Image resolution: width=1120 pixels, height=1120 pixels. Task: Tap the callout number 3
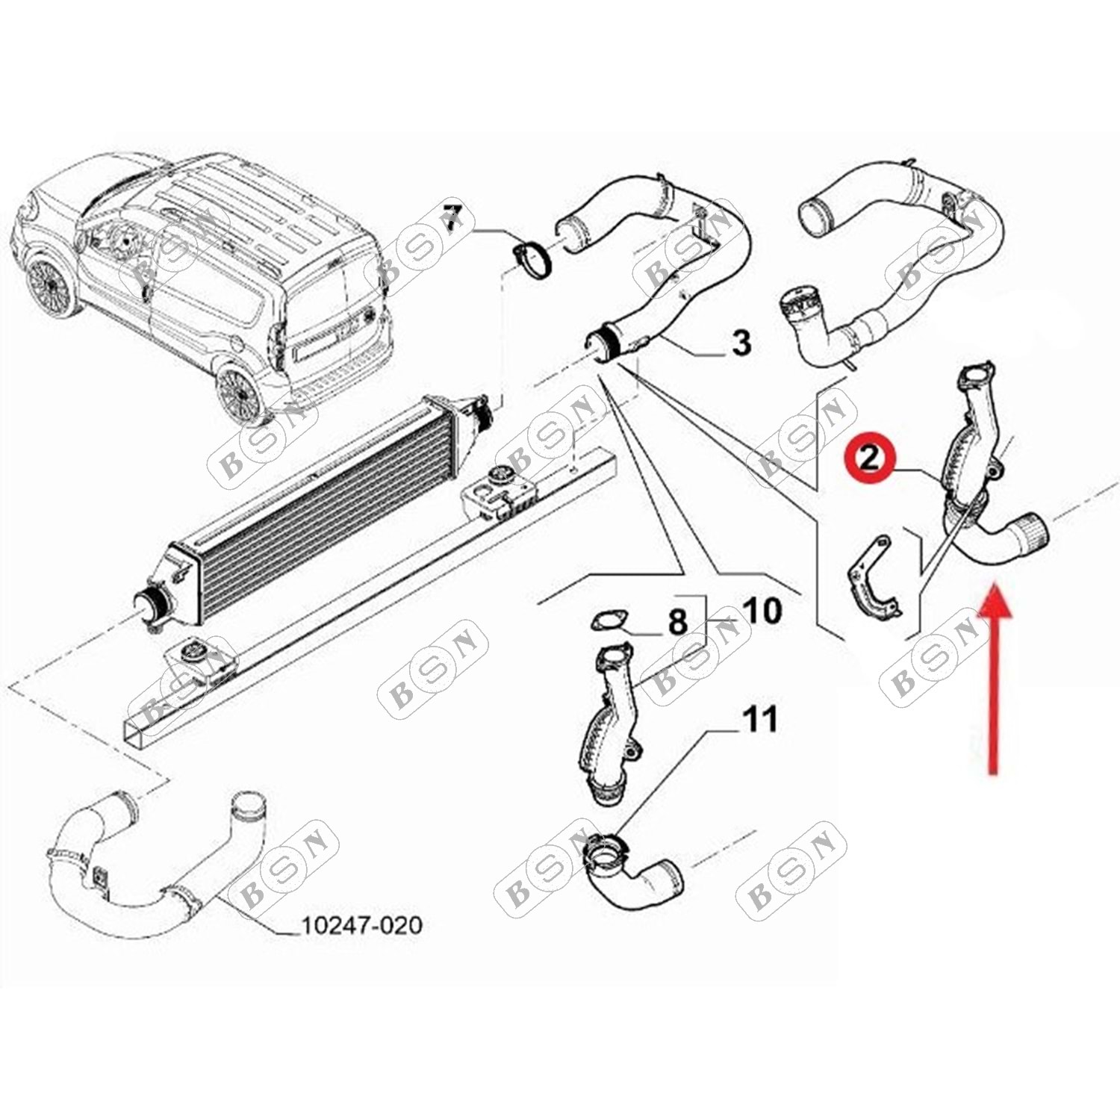click(741, 343)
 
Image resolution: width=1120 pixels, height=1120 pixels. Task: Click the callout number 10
click(762, 611)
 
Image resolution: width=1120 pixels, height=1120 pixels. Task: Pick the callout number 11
click(760, 720)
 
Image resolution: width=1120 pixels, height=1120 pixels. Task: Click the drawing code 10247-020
click(361, 926)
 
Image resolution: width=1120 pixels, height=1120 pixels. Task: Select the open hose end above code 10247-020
click(249, 804)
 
